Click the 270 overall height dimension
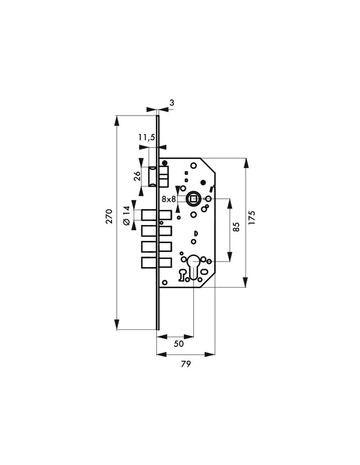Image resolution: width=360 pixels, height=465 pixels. tap(110, 216)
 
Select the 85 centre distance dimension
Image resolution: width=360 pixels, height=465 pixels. tap(236, 227)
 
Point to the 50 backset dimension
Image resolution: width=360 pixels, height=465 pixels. tap(178, 344)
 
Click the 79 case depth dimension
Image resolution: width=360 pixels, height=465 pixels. tap(186, 364)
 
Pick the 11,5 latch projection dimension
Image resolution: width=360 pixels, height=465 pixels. tap(147, 137)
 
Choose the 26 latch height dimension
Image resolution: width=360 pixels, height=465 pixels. tap(137, 176)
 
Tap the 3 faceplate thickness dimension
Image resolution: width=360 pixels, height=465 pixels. tap(172, 103)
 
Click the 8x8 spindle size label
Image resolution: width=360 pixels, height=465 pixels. tap(169, 199)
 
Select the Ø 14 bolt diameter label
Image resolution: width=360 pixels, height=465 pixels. tap(127, 216)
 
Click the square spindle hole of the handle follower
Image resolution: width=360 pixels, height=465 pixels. tap(193, 198)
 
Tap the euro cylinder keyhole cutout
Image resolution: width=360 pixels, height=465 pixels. tap(193, 267)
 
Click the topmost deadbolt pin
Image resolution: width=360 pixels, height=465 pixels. tap(156, 215)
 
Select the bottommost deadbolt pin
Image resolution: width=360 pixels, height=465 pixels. tap(156, 263)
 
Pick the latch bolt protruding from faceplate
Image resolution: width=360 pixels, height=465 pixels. tap(153, 177)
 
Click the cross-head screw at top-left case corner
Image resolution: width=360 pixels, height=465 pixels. tap(165, 162)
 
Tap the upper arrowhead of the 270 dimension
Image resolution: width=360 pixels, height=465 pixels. tap(117, 121)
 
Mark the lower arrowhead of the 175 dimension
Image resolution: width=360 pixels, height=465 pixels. tap(246, 282)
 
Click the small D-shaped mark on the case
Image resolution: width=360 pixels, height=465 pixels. tap(195, 233)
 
